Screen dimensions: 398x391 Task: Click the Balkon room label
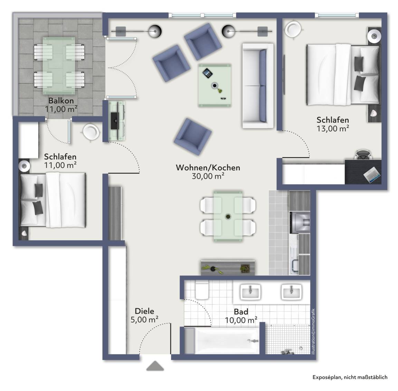coord(61,101)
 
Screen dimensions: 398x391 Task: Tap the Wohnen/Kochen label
coord(208,168)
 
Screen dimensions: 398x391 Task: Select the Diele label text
coord(144,311)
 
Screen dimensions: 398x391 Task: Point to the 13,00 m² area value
coord(332,128)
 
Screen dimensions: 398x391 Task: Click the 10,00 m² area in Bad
coord(241,320)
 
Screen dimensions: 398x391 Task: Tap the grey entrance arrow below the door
coord(155,366)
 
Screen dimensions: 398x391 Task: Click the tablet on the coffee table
coord(207,73)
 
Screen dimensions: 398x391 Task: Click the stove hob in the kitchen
coord(300,222)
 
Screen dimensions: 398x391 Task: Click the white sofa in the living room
coord(258,86)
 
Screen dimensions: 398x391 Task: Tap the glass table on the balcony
coord(59,66)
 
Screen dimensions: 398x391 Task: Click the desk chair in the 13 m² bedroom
coord(363,155)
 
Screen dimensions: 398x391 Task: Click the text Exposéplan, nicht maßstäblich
coord(350,377)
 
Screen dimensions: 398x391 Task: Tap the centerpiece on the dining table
coord(228,217)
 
